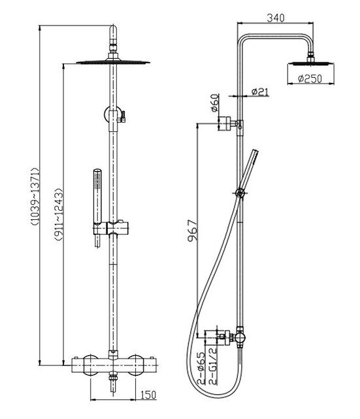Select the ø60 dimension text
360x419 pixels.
click(214, 105)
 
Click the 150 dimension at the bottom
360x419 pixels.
click(148, 395)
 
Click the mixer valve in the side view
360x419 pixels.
click(232, 337)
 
